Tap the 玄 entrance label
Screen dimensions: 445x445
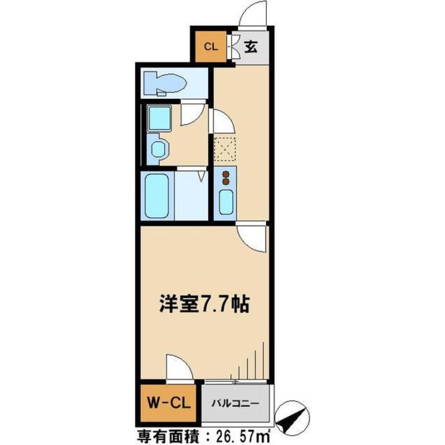click(x=251, y=46)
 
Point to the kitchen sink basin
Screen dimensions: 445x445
click(x=226, y=202)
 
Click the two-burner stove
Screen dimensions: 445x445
click(x=226, y=178)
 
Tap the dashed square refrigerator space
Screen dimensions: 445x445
click(x=225, y=149)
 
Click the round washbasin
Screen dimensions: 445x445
click(x=158, y=149)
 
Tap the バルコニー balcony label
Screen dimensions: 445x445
click(x=235, y=404)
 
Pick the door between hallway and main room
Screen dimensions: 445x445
click(x=252, y=237)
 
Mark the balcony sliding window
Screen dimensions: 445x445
click(x=236, y=381)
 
